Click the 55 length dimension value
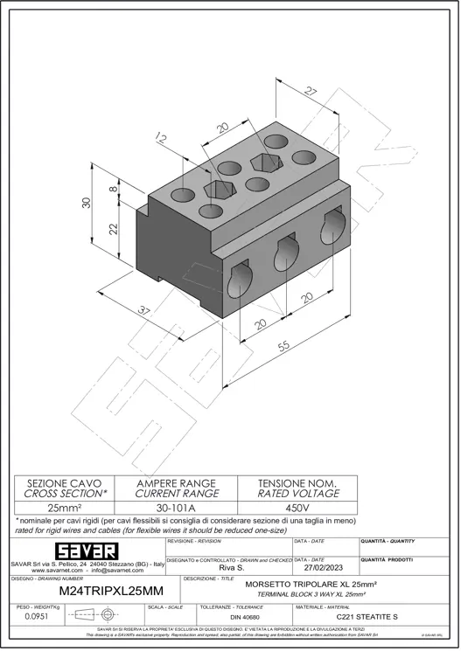coord(284,347)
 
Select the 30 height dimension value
coord(86,202)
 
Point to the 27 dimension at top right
coord(311,91)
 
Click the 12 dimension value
coord(160,137)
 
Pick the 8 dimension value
coord(112,187)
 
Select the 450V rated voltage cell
coord(297,507)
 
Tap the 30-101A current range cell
coord(176,507)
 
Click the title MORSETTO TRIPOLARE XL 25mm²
coord(323,584)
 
